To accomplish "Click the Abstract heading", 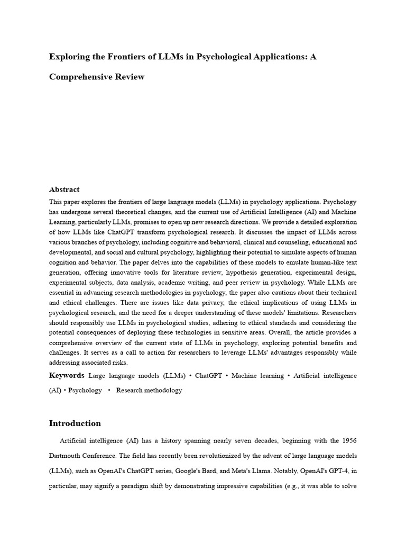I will point(64,189).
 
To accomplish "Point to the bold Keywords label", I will point(67,375).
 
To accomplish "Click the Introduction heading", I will point(75,423).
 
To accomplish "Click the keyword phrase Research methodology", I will point(149,390).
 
